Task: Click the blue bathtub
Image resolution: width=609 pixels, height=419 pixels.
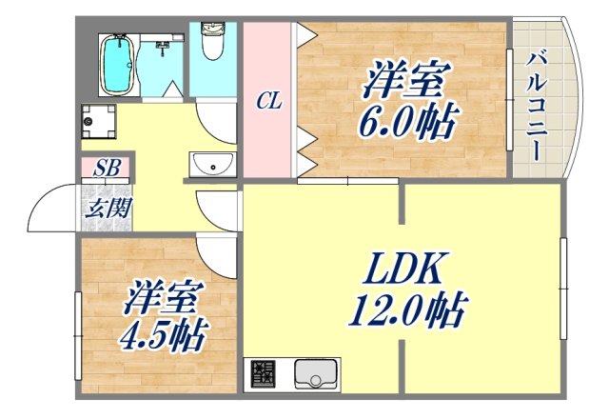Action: point(116,64)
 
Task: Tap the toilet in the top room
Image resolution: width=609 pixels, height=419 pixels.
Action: point(213,43)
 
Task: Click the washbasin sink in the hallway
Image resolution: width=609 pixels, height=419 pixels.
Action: point(213,165)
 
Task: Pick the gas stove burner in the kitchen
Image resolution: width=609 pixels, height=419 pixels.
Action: point(263,374)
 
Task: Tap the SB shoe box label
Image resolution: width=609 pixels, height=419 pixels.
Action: point(106,170)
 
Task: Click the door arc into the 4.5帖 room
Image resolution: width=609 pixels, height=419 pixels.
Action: point(217,253)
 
